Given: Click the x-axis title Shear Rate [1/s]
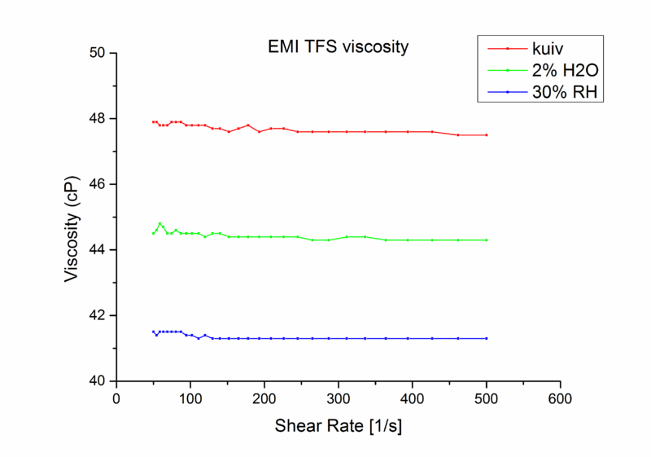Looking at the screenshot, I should pyautogui.click(x=339, y=426).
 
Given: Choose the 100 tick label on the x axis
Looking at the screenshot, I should pyautogui.click(x=190, y=399).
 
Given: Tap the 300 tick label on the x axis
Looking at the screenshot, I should pyautogui.click(x=339, y=399).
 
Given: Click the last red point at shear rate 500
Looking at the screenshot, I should pyautogui.click(x=487, y=135).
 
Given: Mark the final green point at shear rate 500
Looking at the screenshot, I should pyautogui.click(x=487, y=240).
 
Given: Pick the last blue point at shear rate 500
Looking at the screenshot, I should pyautogui.click(x=487, y=338).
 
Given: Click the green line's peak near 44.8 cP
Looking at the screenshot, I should pyautogui.click(x=160, y=223).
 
